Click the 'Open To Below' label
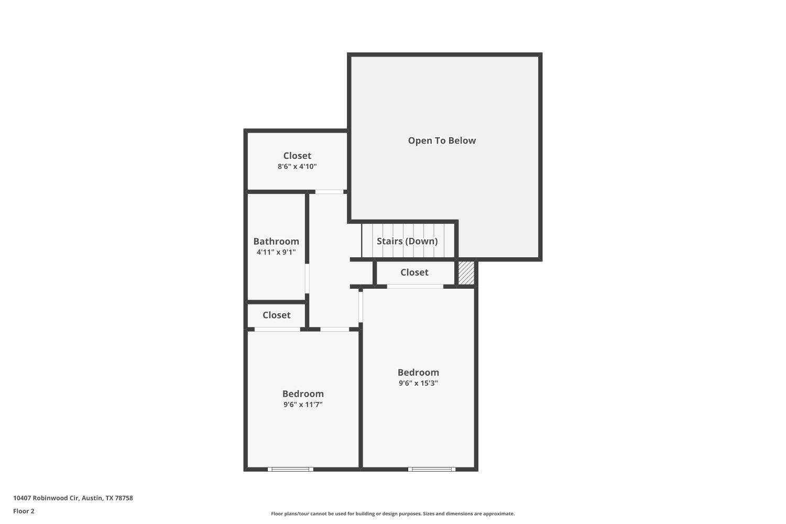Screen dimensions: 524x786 [x=442, y=140]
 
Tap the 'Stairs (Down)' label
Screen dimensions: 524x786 [x=407, y=241]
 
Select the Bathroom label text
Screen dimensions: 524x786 [x=276, y=241]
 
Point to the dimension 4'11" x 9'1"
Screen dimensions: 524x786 [x=276, y=252]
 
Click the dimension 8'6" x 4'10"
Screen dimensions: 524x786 [x=297, y=167]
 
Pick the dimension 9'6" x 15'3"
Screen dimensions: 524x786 [x=418, y=383]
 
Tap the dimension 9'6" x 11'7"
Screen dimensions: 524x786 [x=303, y=405]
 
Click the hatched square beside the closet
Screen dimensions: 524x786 [x=466, y=273]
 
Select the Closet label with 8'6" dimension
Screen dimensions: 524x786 [x=297, y=156]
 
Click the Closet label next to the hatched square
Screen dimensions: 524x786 [x=414, y=272]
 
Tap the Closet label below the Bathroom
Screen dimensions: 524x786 [x=276, y=315]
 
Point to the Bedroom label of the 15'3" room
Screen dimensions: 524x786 [x=418, y=373]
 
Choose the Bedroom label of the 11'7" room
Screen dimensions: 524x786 [x=303, y=394]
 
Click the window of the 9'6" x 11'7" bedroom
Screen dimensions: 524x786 [x=290, y=469]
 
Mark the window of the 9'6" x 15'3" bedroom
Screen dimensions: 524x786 [x=432, y=469]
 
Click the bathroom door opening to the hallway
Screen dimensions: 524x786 [x=307, y=278]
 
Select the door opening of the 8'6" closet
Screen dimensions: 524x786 [x=329, y=192]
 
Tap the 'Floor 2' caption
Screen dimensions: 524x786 [x=24, y=511]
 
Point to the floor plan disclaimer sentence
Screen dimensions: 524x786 [x=392, y=514]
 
